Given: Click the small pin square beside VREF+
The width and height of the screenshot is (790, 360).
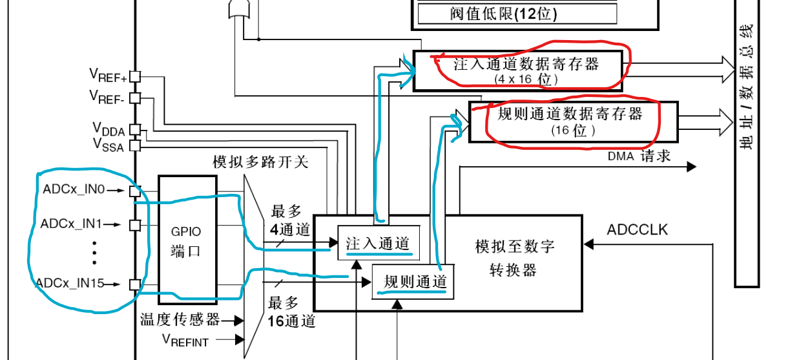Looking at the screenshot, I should pyautogui.click(x=134, y=77).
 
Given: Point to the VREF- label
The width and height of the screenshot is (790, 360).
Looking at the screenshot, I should pyautogui.click(x=108, y=97).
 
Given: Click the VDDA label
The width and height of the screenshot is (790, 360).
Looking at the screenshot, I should pyautogui.click(x=108, y=127).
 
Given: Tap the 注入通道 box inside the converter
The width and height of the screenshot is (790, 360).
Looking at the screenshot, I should pyautogui.click(x=378, y=244).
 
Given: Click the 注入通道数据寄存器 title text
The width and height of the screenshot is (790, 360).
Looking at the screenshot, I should pyautogui.click(x=526, y=64).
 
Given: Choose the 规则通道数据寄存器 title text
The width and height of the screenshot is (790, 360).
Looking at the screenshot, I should pyautogui.click(x=570, y=114).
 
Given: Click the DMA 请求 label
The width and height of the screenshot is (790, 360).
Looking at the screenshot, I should pyautogui.click(x=639, y=156).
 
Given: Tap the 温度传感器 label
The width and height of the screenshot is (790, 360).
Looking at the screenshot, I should pyautogui.click(x=180, y=319).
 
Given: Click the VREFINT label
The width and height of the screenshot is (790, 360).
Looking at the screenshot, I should pyautogui.click(x=185, y=339).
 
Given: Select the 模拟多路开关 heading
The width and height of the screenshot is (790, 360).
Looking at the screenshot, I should pyautogui.click(x=260, y=161).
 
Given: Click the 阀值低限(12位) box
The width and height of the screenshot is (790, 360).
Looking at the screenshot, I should pyautogui.click(x=517, y=13).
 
